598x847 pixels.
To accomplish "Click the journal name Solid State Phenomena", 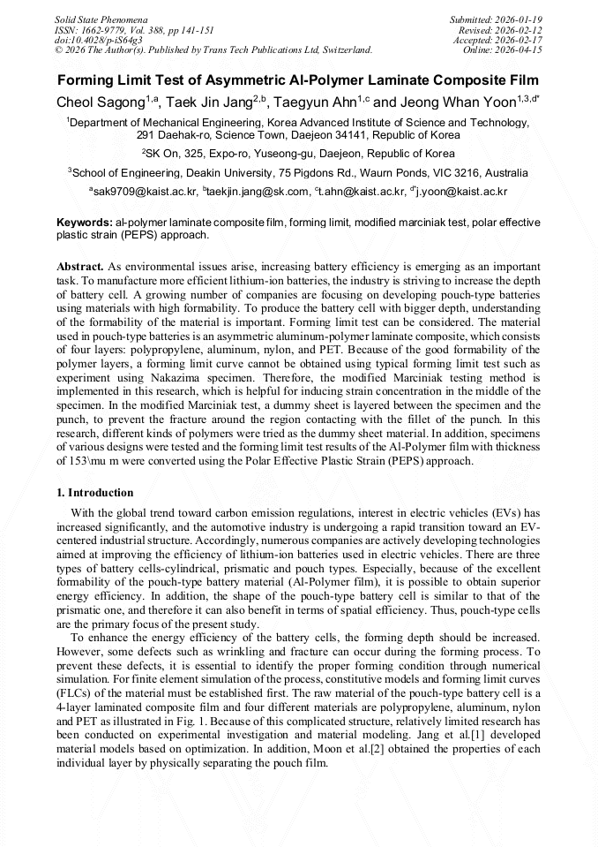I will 101,19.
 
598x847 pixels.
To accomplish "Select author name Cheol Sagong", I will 100,102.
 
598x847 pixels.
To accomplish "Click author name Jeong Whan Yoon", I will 460,102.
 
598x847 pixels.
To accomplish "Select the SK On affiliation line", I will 300,154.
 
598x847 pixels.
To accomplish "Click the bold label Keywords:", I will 84,223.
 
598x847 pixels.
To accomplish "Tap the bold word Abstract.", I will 80,266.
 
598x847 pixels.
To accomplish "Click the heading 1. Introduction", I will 95,493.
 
